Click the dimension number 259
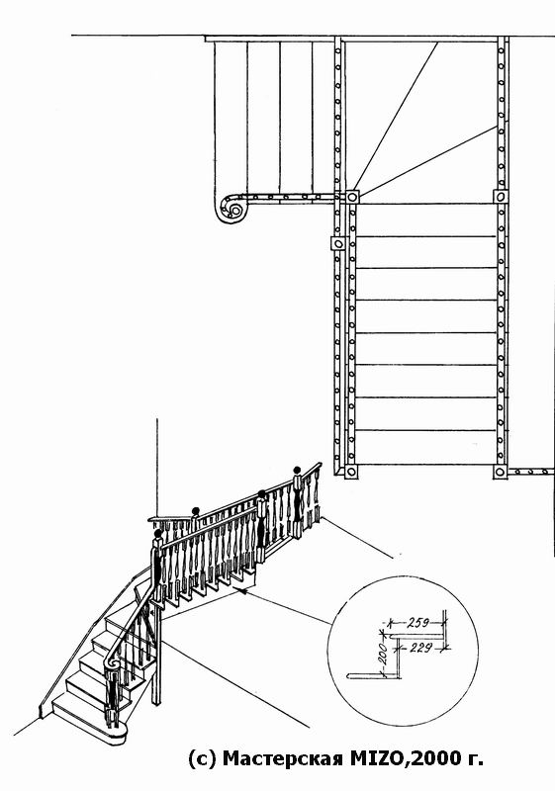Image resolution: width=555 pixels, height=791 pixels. (x=417, y=623)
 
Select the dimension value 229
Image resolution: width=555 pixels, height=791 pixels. (x=420, y=648)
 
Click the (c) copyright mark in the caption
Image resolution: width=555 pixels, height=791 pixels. (x=203, y=757)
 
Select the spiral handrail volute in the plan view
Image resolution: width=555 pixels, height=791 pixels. (x=231, y=208)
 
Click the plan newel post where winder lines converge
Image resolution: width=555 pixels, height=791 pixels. (x=352, y=196)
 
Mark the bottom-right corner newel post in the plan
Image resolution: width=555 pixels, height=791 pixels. (x=500, y=473)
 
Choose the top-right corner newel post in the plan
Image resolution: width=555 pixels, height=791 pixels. (x=500, y=196)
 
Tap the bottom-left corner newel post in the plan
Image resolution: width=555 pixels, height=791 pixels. (x=350, y=473)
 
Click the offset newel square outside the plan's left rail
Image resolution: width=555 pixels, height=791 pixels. (x=338, y=243)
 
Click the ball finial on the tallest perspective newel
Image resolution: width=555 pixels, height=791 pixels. (x=297, y=471)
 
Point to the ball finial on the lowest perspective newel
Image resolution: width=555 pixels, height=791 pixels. (x=158, y=533)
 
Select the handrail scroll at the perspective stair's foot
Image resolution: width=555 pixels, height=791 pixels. (x=112, y=665)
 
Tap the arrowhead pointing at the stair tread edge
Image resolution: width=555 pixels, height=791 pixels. (x=242, y=590)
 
